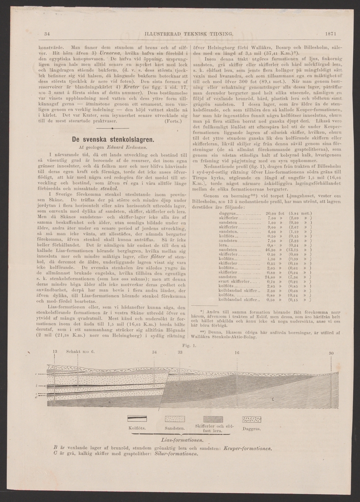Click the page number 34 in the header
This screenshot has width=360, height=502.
[47, 34]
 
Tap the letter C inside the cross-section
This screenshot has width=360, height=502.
[273, 399]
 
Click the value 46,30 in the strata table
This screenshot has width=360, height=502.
[273, 250]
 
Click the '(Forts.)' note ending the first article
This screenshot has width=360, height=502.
[173, 120]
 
